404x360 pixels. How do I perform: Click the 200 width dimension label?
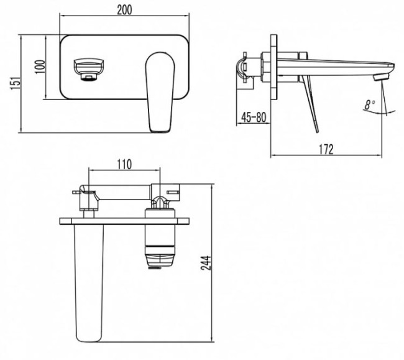[124, 10]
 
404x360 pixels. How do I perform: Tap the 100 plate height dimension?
[40, 67]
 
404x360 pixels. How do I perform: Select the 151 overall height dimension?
[15, 83]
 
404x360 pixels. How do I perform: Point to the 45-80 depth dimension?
[254, 118]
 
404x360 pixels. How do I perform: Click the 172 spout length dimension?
[326, 149]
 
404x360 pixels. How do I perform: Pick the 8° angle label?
[370, 104]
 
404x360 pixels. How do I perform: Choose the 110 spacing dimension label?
[124, 164]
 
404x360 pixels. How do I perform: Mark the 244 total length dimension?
[206, 263]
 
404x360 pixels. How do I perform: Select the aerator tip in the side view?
[381, 77]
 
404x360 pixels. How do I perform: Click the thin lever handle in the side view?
[310, 104]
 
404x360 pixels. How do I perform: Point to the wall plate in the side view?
[274, 67]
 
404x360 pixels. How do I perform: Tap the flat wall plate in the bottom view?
[124, 221]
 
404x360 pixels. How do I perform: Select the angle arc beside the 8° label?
[379, 112]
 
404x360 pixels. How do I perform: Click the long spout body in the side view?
[336, 68]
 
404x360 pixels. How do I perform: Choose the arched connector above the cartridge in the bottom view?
[160, 202]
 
